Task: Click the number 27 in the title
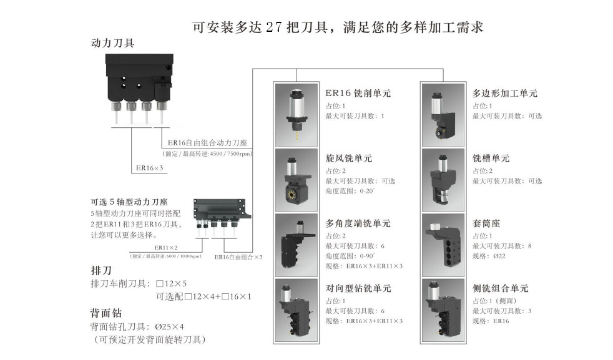pos(275,28)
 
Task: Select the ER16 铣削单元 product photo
pos(297,115)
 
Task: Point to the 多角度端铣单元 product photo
pos(297,245)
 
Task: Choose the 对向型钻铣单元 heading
pos(358,288)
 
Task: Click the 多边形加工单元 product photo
pos(444,115)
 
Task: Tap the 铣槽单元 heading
pos(491,158)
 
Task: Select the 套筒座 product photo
pos(444,245)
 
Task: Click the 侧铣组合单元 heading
pos(501,288)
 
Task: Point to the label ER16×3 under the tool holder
pos(149,168)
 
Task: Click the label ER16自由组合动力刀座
pos(203,144)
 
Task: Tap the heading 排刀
pos(101,271)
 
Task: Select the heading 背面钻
pos(106,313)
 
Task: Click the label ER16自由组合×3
pos(238,256)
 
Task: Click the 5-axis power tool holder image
pos(218,212)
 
